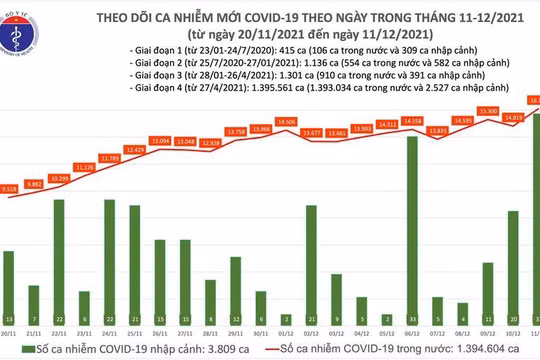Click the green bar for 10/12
click(513, 262)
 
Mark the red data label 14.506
click(286, 122)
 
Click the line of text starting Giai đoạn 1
click(280, 49)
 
